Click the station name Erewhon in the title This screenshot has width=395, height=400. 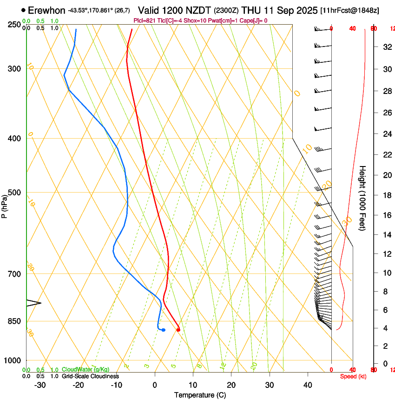46,10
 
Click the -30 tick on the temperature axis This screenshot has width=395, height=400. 40,385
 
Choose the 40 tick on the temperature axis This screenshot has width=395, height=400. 308,385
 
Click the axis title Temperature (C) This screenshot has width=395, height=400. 200,395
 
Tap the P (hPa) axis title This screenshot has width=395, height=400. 4,206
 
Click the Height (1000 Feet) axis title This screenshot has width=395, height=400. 362,198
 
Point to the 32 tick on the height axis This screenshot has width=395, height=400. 387,47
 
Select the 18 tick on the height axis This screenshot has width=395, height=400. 387,195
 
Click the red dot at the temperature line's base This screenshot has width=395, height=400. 178,330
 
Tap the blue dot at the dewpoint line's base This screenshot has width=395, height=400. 163,330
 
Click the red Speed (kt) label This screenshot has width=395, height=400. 353,376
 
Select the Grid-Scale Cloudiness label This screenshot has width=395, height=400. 90,376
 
